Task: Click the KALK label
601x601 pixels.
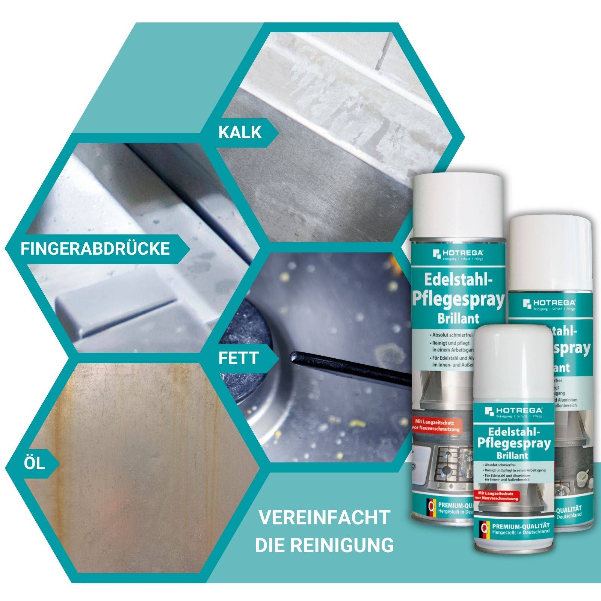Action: coord(240,132)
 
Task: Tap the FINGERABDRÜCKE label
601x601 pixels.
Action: coord(95,249)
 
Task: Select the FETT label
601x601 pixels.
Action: coord(239,358)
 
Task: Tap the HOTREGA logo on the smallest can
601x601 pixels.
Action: coord(513,411)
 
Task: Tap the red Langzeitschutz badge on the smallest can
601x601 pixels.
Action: coord(496,496)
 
